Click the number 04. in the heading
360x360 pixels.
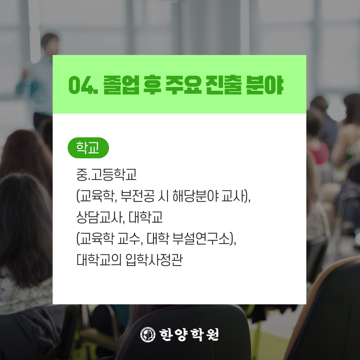(83, 85)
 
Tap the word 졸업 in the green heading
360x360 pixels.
(121, 85)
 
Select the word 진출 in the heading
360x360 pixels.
(224, 85)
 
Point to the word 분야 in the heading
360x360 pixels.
(264, 85)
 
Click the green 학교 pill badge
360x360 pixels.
(88, 148)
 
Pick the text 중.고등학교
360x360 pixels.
(107, 174)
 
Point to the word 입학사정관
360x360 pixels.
(154, 260)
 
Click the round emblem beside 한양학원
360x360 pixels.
(148, 334)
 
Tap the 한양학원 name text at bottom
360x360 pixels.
(189, 335)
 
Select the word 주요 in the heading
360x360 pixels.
(183, 85)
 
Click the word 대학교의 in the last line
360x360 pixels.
(99, 260)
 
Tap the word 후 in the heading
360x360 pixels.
(152, 85)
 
